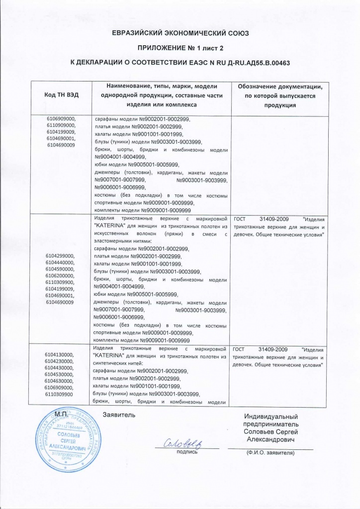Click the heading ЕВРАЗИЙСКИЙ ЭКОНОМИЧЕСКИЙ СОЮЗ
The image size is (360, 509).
click(180, 33)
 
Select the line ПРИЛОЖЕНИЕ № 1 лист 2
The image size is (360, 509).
click(180, 48)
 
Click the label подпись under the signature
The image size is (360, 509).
click(187, 452)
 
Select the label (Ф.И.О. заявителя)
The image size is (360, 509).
click(270, 453)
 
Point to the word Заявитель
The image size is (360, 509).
click(119, 414)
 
